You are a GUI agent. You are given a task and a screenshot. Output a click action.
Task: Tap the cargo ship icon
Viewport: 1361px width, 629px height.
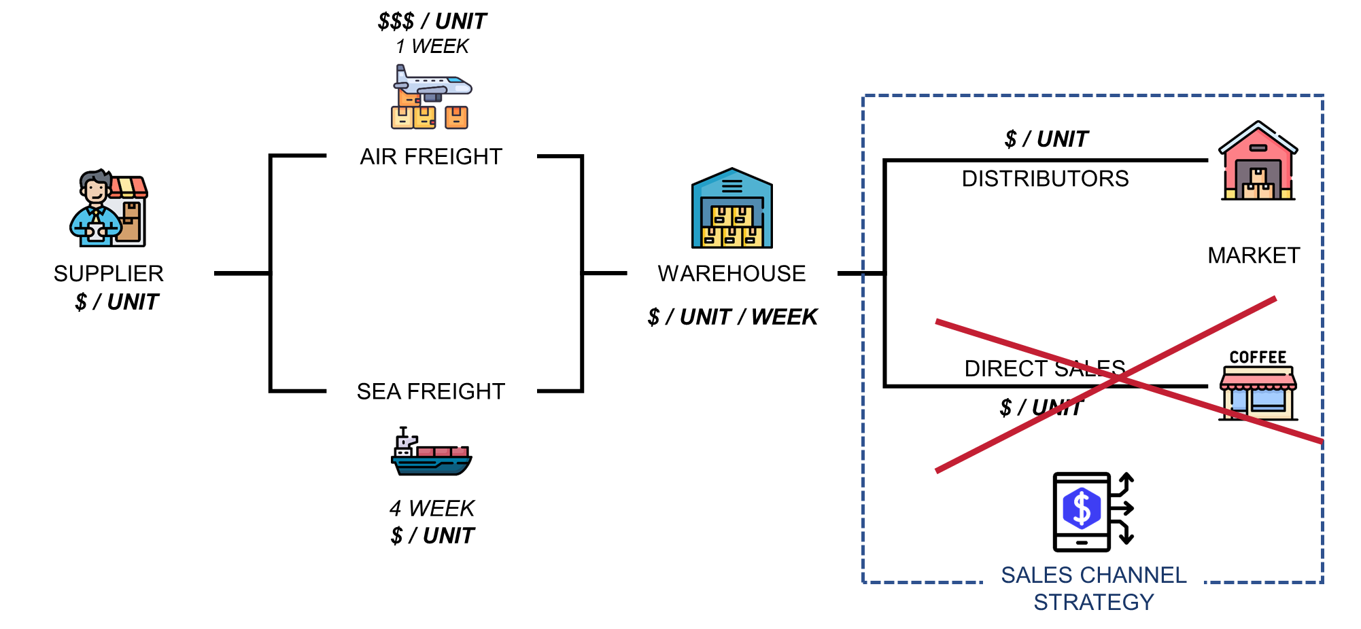click(431, 452)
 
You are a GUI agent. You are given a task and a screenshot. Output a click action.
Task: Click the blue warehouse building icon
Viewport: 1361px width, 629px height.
click(731, 209)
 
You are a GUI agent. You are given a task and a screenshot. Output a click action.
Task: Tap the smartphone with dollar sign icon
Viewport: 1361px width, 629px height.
click(1092, 511)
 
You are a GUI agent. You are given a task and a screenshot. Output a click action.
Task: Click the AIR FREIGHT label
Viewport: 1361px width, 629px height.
click(431, 157)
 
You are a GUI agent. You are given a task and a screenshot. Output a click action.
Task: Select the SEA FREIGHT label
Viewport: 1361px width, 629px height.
click(431, 392)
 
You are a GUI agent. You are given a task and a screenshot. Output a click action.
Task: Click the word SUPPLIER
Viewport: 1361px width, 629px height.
click(109, 274)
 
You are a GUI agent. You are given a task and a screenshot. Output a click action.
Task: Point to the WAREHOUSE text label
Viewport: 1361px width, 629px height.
click(731, 274)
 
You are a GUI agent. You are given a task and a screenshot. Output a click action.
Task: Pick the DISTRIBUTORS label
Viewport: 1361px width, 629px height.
click(1045, 179)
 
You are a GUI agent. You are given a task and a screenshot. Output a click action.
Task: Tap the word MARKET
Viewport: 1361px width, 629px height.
click(1254, 255)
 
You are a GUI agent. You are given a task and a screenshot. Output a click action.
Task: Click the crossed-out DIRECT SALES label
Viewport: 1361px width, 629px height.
click(1045, 369)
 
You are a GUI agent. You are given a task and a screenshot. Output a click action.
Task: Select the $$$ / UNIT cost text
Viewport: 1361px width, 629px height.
click(432, 22)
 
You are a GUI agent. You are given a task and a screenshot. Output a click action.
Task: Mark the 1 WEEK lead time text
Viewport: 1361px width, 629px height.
click(432, 47)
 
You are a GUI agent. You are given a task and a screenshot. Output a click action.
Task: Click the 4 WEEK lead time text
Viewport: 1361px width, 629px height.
click(432, 509)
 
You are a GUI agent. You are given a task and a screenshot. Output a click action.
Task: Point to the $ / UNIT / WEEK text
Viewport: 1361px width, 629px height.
click(732, 317)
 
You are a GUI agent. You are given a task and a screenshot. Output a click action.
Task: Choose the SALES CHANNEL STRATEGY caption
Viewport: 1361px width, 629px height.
click(1093, 588)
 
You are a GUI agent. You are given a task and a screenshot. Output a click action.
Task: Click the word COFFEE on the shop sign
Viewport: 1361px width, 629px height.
click(1258, 357)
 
